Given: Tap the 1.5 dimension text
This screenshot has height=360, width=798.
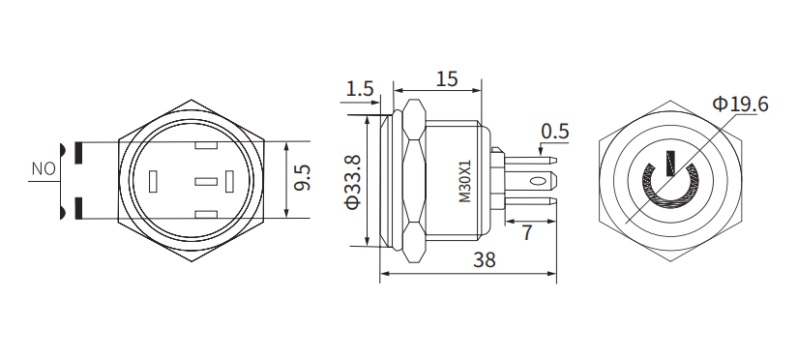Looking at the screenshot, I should [359, 89].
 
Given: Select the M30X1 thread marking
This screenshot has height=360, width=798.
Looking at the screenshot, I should [464, 181].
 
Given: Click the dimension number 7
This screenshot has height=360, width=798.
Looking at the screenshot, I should [527, 232].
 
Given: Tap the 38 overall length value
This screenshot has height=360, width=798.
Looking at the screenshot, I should [487, 260].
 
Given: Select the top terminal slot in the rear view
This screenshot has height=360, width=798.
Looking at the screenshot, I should [204, 147].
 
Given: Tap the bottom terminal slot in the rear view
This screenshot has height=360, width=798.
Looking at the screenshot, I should [204, 214].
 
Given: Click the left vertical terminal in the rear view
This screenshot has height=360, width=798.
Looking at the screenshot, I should [153, 181].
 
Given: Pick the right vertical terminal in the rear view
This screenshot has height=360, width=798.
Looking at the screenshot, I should [229, 181].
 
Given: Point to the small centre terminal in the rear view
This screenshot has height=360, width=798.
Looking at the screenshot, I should [205, 181].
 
